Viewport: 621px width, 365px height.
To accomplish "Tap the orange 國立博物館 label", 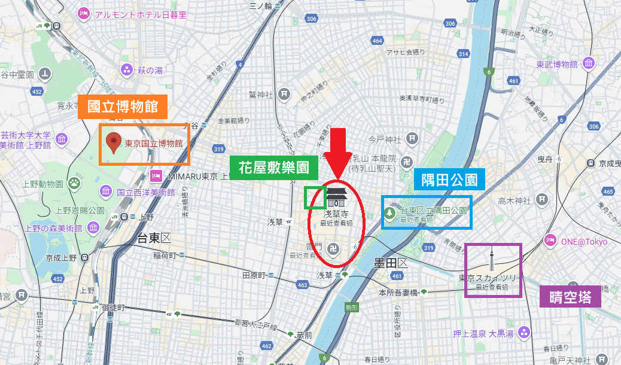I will click(x=123, y=107).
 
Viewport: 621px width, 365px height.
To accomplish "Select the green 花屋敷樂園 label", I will click(x=274, y=168).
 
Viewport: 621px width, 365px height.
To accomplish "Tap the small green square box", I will click(x=315, y=197).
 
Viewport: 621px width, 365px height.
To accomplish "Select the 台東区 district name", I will click(x=154, y=238).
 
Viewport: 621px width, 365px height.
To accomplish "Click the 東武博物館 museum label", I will click(x=556, y=64).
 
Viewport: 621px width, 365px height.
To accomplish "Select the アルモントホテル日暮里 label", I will click(x=140, y=14).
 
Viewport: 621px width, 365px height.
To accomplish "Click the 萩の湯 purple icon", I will click(x=126, y=70).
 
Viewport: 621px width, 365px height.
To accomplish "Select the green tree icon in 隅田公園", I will click(x=390, y=212).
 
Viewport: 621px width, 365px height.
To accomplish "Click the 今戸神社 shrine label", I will click(x=383, y=139).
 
